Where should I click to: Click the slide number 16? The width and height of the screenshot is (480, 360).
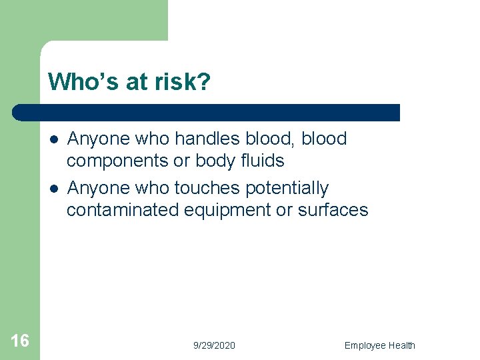(20, 341)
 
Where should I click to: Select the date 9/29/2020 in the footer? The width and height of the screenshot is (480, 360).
(214, 345)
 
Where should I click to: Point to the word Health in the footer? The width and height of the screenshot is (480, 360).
(403, 345)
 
